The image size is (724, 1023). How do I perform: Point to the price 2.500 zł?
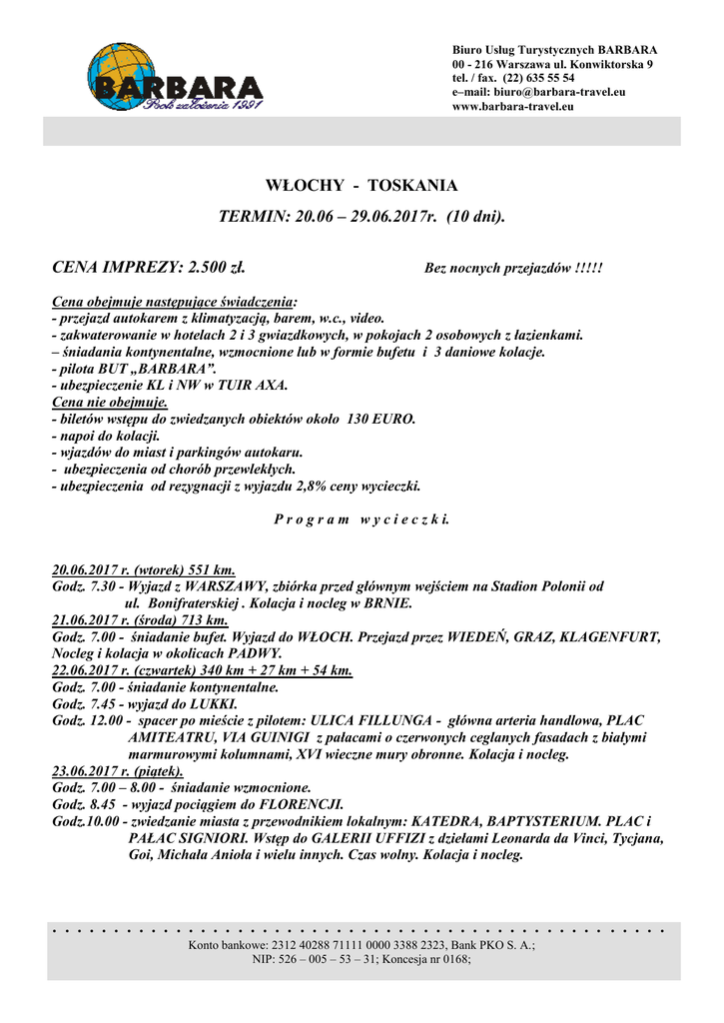click(x=211, y=267)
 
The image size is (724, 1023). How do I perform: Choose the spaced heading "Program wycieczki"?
click(x=362, y=519)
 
